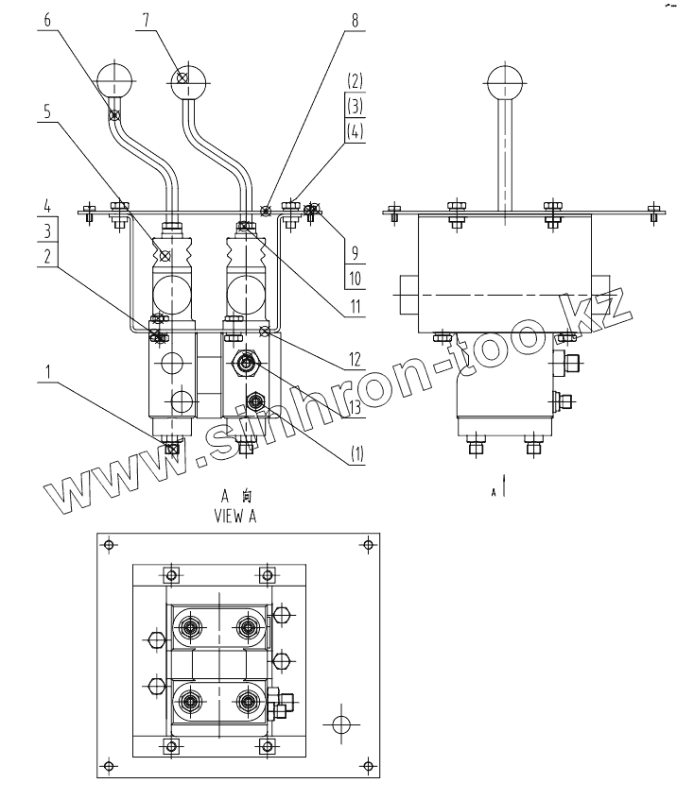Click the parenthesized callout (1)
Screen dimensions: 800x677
pyautogui.click(x=356, y=453)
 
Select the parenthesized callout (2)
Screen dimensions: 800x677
pyautogui.click(x=356, y=79)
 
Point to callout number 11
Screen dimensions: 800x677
pyautogui.click(x=356, y=307)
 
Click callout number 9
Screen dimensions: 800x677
pyautogui.click(x=356, y=253)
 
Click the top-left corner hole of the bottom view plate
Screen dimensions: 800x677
pyautogui.click(x=110, y=544)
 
